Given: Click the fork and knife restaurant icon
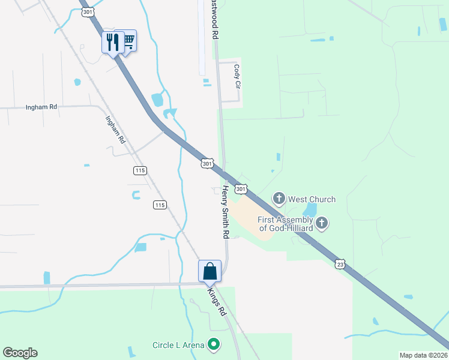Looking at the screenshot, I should pos(112,42).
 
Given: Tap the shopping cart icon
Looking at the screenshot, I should pos(127,41).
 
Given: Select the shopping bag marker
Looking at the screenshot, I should pos(209,271).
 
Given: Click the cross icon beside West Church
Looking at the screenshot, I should pos(279,198).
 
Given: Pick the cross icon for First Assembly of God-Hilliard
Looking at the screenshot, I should pos(322,224).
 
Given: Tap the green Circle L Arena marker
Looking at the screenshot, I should pos(213,344).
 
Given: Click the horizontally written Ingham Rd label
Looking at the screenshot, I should pos(41,107).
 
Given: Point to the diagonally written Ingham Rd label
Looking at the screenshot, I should pos(115,129).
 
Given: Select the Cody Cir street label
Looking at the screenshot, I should pos(237,77).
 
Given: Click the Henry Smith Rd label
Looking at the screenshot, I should pos(226,210).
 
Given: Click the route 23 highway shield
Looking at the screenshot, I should pos(340,263).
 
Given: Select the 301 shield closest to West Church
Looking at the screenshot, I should pos(240,189).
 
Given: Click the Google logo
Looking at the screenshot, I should pos(20,353).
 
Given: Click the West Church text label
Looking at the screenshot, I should pos(312,199).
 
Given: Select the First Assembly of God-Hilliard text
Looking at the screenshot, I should pos(286,224).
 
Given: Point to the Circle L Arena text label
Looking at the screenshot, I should pos(178,345).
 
